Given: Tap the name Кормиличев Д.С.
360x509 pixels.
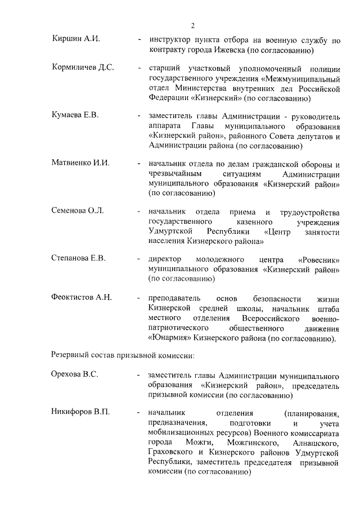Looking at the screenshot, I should (83, 68).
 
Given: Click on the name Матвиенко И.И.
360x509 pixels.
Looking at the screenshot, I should (80, 163).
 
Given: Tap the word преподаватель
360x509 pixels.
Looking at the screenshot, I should (173, 298).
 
